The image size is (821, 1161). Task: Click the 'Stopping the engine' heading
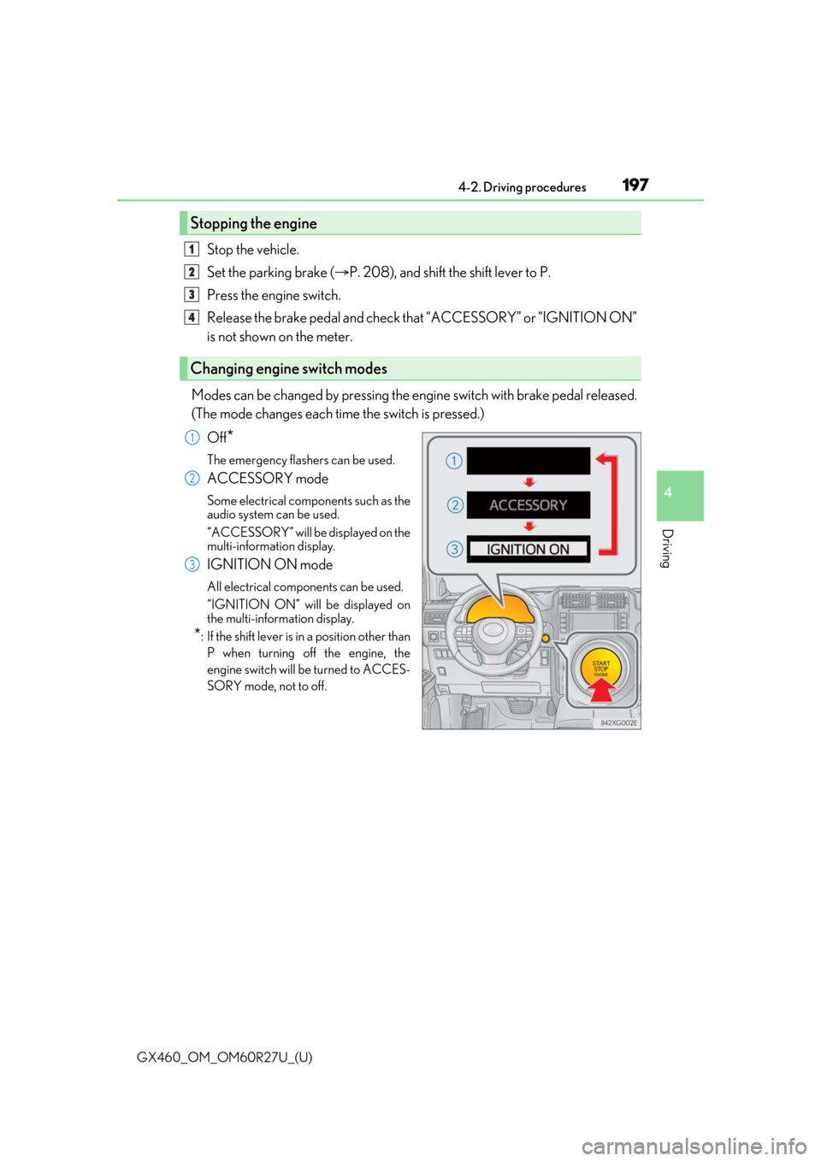point(253,223)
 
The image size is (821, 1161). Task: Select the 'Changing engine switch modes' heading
point(288,368)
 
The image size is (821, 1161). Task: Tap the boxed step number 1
point(192,250)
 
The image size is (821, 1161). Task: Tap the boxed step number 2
point(192,272)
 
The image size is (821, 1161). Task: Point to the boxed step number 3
point(192,295)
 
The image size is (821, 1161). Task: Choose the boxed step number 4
point(192,317)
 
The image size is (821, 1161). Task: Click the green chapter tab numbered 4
point(680,496)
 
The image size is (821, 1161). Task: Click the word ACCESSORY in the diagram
point(528,505)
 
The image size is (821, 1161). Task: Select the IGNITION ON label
point(528,550)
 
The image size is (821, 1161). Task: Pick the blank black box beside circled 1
point(528,461)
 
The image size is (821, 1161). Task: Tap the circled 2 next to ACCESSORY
point(455,505)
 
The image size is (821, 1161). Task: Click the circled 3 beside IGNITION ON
point(455,550)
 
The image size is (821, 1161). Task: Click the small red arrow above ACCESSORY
point(529,482)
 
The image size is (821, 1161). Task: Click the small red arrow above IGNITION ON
point(529,527)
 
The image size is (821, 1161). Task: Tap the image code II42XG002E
point(618,722)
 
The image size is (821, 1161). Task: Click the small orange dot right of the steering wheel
point(546,638)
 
